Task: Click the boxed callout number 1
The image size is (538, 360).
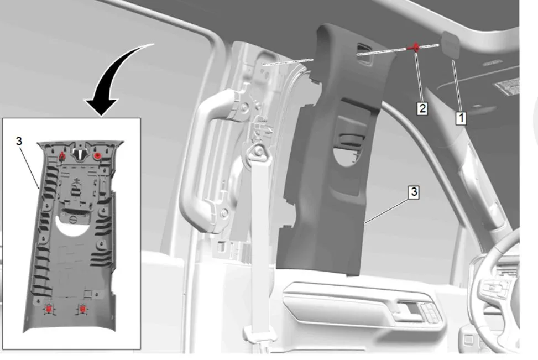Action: tap(461, 118)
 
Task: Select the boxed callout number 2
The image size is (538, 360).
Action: tap(422, 108)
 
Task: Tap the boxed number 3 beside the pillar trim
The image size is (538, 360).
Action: tap(414, 192)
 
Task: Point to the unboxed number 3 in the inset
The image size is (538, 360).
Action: tap(19, 141)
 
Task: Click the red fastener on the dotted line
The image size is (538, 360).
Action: tap(415, 48)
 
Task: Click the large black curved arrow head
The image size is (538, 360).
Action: tap(102, 107)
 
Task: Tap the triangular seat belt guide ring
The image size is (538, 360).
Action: tap(257, 151)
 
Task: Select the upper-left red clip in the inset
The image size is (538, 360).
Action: tap(62, 156)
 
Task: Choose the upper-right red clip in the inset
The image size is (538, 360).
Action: tap(97, 156)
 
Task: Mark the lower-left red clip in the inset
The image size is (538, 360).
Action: tap(49, 309)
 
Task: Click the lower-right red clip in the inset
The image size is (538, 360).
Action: tap(82, 309)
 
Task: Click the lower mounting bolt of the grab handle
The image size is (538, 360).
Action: tap(224, 213)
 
